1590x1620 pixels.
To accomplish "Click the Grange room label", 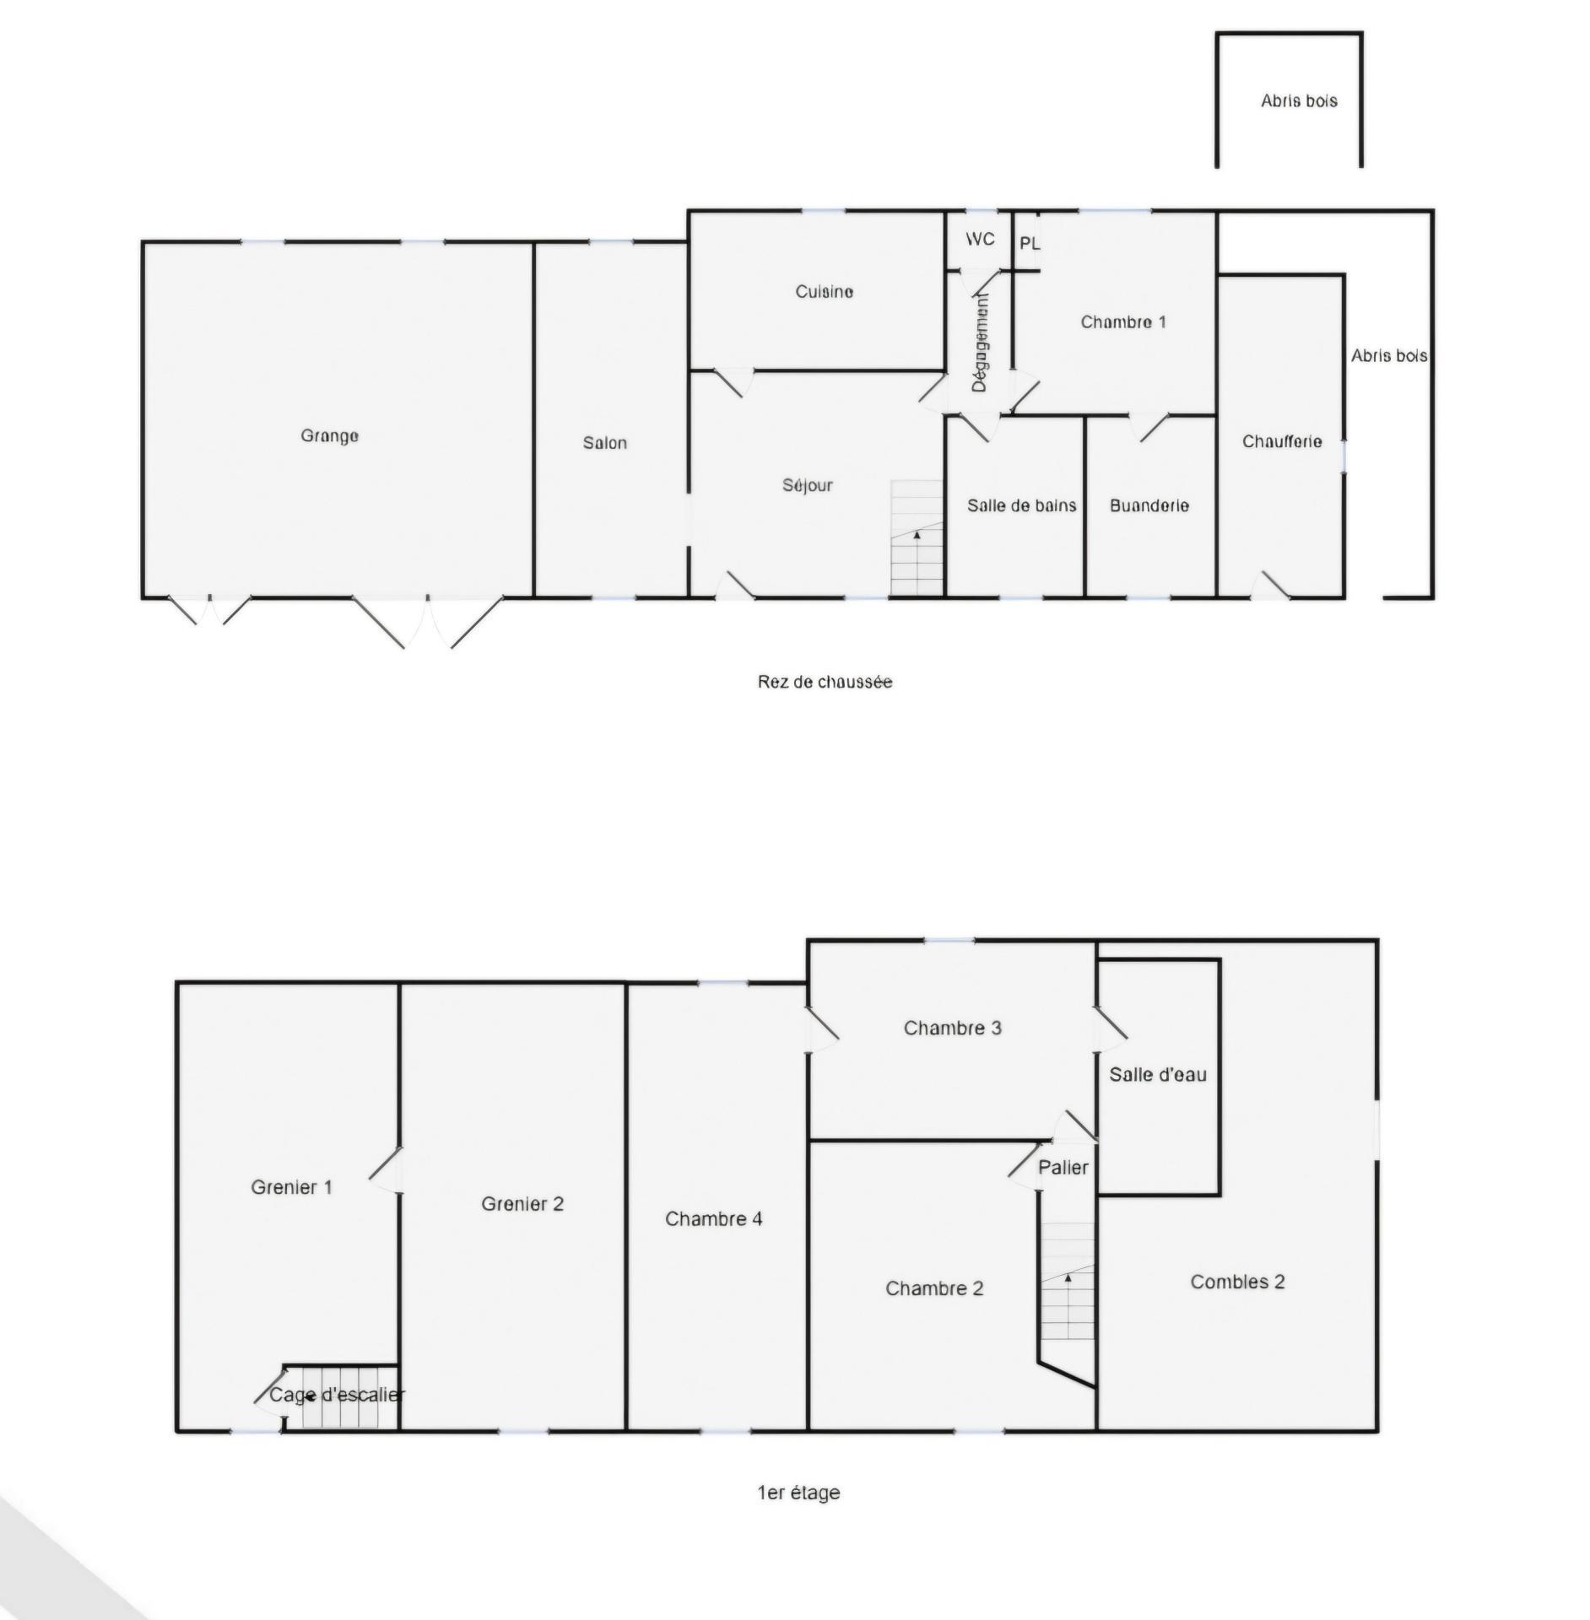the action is click(x=329, y=436).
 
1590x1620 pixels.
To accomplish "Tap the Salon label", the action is click(x=604, y=443).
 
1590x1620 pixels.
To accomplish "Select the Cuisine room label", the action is click(x=824, y=292).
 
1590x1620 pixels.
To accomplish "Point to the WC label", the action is click(x=980, y=240).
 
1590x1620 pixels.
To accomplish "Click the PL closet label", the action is click(x=1030, y=244).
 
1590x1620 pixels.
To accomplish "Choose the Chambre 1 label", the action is click(x=1123, y=322).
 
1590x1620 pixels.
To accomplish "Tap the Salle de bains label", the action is click(x=1021, y=505).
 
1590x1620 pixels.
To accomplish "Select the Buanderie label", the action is click(x=1149, y=505).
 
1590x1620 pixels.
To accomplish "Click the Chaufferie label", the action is click(x=1281, y=441).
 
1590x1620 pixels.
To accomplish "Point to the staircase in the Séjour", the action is click(x=917, y=539).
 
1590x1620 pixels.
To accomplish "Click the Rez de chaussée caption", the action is click(x=825, y=682).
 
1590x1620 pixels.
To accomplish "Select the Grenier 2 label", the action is click(x=522, y=1204).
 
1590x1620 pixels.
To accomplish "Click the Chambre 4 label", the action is click(x=713, y=1219).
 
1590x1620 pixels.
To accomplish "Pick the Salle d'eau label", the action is click(x=1157, y=1075).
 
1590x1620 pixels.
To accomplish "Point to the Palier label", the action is click(x=1063, y=1168).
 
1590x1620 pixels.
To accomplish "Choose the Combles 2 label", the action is click(x=1237, y=1282).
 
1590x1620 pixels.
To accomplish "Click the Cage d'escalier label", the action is click(x=337, y=1395).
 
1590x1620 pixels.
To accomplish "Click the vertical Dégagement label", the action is click(x=979, y=342).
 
